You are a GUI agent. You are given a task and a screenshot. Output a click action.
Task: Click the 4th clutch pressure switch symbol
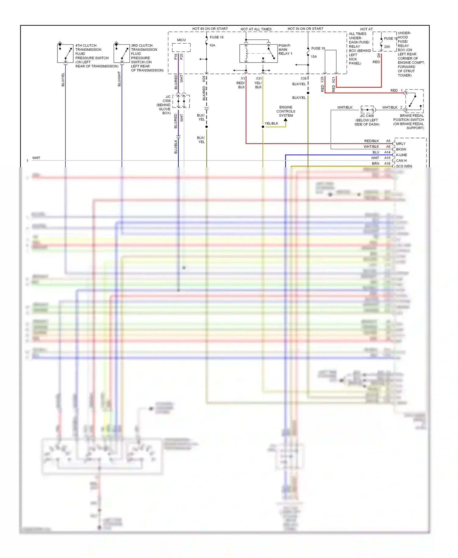[65, 53]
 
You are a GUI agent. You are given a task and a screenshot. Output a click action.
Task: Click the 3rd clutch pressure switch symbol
[122, 53]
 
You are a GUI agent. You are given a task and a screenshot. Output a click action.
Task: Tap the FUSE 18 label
[216, 37]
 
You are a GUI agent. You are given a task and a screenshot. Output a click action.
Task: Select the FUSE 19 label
[318, 48]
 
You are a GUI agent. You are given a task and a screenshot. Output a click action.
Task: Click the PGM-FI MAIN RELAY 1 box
[258, 53]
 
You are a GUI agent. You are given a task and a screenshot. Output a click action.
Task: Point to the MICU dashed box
[181, 48]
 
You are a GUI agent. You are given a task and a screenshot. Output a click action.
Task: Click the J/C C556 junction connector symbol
[181, 101]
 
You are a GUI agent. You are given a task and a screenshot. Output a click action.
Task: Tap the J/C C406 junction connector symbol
[367, 109]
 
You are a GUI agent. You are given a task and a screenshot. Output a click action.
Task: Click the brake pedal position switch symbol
[414, 101]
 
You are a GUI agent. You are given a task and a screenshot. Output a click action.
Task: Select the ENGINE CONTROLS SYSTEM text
[286, 111]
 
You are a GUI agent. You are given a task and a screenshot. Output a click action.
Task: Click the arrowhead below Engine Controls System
[285, 120]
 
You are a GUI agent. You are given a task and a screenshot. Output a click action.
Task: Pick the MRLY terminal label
[401, 144]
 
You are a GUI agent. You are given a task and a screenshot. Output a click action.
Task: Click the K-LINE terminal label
[401, 155]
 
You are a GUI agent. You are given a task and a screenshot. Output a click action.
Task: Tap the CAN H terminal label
[401, 161]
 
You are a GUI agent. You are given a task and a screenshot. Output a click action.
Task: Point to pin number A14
[387, 152]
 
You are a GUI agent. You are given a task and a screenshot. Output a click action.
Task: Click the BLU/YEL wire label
[63, 80]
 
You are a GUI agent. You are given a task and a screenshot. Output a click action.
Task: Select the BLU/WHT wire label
[119, 79]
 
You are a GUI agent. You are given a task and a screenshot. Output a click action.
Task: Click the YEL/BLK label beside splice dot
[271, 124]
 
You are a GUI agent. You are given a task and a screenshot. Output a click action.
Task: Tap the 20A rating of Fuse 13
[387, 47]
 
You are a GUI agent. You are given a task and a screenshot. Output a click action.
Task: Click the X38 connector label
[303, 78]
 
